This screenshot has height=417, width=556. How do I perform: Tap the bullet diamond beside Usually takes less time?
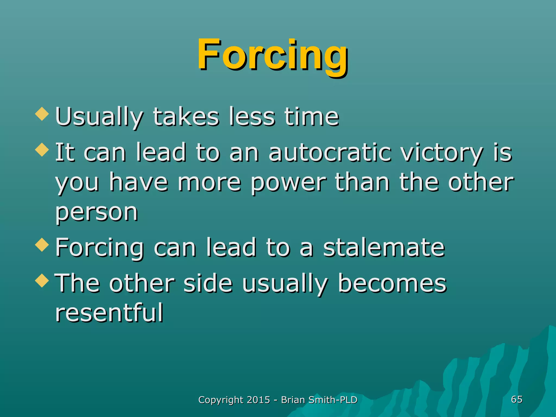pyautogui.click(x=42, y=114)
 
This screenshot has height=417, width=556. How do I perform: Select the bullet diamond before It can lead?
pyautogui.click(x=42, y=150)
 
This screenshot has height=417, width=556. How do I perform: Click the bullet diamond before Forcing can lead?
pyautogui.click(x=42, y=245)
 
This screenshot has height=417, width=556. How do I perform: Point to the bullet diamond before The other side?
pyautogui.click(x=42, y=280)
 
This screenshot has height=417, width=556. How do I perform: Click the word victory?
pyautogui.click(x=443, y=153)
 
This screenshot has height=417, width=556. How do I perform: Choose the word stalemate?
pyautogui.click(x=384, y=247)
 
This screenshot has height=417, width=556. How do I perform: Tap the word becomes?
pyautogui.click(x=392, y=283)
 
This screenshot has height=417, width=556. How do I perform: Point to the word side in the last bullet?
pyautogui.click(x=208, y=283)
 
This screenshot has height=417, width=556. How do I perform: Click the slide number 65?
pyautogui.click(x=517, y=399)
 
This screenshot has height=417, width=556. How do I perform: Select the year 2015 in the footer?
pyautogui.click(x=259, y=400)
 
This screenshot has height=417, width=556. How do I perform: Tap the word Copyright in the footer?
pyautogui.click(x=221, y=400)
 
